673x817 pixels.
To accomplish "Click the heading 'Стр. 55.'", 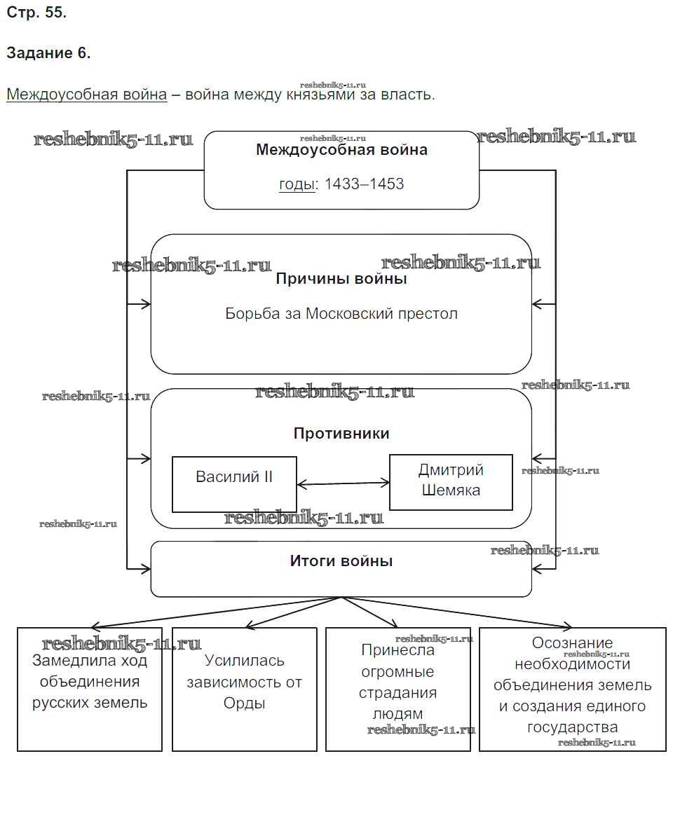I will [x=36, y=13].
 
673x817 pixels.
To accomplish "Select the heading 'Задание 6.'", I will [x=48, y=53].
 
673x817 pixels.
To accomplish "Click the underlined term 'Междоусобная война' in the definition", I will [x=86, y=95].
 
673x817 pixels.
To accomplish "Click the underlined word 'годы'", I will [x=297, y=184].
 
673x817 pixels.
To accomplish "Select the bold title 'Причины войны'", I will [x=341, y=279].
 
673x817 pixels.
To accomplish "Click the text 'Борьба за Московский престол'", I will [x=341, y=313].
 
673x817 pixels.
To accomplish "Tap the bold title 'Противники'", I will [x=341, y=433].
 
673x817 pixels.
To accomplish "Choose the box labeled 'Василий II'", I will [x=234, y=484].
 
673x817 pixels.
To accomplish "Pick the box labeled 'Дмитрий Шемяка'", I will [x=451, y=482].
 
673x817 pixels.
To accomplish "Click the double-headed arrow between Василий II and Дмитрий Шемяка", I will [x=343, y=483].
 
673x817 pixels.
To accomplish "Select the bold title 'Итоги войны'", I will [x=341, y=561].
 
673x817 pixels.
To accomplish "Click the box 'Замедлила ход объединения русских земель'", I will [x=90, y=689].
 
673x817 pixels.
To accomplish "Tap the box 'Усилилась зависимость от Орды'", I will [x=244, y=689].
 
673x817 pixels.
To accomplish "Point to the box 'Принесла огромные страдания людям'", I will [x=398, y=689].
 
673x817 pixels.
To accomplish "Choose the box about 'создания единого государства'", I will [x=573, y=689].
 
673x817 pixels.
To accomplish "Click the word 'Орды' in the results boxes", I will [x=244, y=703].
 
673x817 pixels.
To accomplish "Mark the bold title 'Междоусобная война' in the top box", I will [x=341, y=149].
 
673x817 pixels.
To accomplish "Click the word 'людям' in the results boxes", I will [x=397, y=714].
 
